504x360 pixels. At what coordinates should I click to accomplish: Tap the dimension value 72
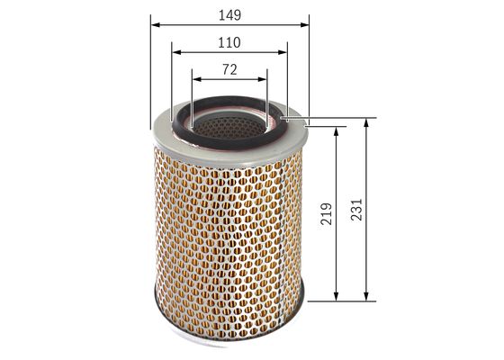click(229, 68)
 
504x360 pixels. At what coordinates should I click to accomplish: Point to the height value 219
click(326, 213)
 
